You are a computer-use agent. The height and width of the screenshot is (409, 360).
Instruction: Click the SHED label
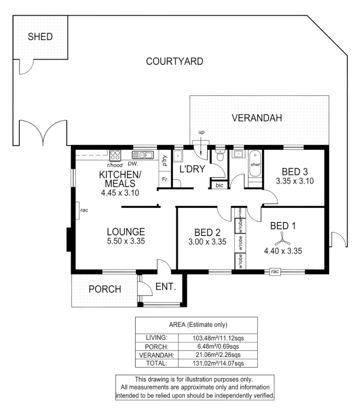40,37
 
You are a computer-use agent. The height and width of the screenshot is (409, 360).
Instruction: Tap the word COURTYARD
174,61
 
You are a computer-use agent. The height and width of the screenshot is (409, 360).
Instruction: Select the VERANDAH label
257,118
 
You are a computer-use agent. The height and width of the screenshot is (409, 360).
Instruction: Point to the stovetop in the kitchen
115,155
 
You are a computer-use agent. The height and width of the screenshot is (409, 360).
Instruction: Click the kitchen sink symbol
142,155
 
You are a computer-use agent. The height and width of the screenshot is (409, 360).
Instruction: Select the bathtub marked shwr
255,164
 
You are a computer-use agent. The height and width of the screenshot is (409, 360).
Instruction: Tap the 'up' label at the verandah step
201,133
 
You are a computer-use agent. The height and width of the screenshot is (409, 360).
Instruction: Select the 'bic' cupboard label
219,185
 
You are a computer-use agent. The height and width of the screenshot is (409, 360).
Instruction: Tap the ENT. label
165,287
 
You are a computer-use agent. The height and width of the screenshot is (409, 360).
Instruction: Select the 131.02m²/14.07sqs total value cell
219,363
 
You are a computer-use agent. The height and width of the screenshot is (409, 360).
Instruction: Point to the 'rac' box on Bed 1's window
274,271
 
